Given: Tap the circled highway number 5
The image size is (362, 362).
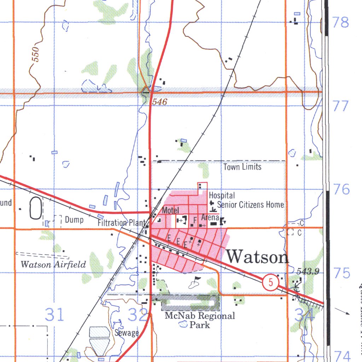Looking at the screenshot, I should pyautogui.click(x=271, y=282).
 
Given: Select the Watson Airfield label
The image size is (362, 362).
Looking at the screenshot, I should pyautogui.click(x=53, y=264).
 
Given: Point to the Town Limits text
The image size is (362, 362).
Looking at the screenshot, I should pyautogui.click(x=243, y=167).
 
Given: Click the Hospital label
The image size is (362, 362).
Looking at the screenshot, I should pyautogui.click(x=222, y=195).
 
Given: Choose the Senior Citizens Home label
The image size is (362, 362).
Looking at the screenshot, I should pyautogui.click(x=250, y=204).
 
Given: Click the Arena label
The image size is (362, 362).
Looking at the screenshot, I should pyautogui.click(x=210, y=217).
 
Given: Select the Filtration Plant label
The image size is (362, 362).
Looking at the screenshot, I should pyautogui.click(x=121, y=223).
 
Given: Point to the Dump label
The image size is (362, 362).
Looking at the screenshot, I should pyautogui.click(x=74, y=220).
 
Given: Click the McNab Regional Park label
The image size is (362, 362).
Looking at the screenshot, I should pyautogui.click(x=200, y=320).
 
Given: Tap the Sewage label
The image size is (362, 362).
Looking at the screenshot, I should pyautogui.click(x=127, y=333).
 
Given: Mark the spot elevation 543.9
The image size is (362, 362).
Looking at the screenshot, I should pyautogui.click(x=308, y=271).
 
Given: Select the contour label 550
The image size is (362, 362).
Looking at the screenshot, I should pyautogui.click(x=36, y=54).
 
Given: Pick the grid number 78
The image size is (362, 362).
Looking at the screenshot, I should pyautogui.click(x=341, y=23).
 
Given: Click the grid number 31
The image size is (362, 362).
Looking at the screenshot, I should pyautogui.click(x=55, y=314).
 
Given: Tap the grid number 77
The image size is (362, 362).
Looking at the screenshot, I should pyautogui.click(x=341, y=106).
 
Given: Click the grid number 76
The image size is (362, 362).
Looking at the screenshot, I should pyautogui.click(x=341, y=189).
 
